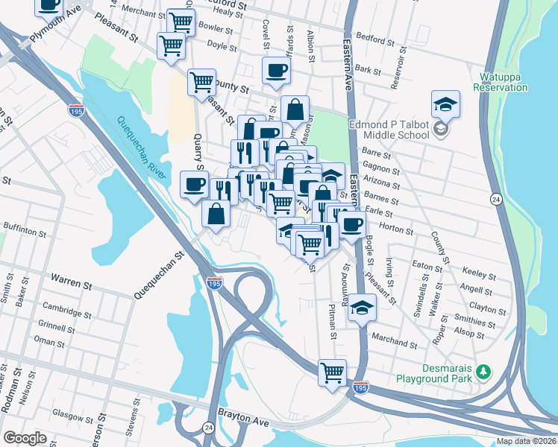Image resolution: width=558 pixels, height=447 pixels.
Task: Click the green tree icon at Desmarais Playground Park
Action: pos(483,371)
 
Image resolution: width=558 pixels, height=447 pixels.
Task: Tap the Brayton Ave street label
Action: pos(242,422)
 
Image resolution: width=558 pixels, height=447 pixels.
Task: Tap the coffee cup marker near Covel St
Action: pos(277,72)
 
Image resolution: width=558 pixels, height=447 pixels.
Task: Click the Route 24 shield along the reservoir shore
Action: pos(495,200)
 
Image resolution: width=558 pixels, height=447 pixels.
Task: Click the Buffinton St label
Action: pos(25,231)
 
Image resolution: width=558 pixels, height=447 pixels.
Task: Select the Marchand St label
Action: pos(395,343)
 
